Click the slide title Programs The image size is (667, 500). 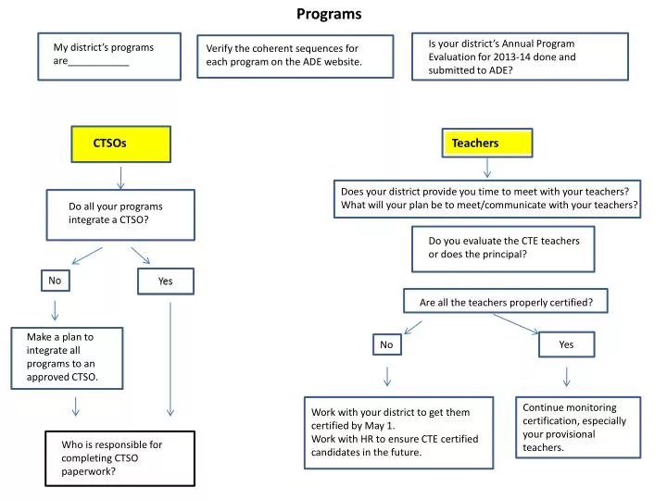click(329, 14)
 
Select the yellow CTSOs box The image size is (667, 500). click(121, 144)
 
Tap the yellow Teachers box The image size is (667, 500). click(486, 144)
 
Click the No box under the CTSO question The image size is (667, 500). click(55, 280)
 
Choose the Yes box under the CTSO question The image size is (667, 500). click(166, 281)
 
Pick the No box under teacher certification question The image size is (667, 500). click(387, 344)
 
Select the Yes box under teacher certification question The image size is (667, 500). click(566, 344)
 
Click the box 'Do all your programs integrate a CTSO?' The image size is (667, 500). click(121, 214)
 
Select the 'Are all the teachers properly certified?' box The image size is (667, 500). click(506, 302)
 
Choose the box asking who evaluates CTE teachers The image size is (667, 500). click(505, 247)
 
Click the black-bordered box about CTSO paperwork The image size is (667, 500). click(121, 457)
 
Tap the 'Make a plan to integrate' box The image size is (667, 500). click(68, 357)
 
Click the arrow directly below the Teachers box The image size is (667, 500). click(487, 167)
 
